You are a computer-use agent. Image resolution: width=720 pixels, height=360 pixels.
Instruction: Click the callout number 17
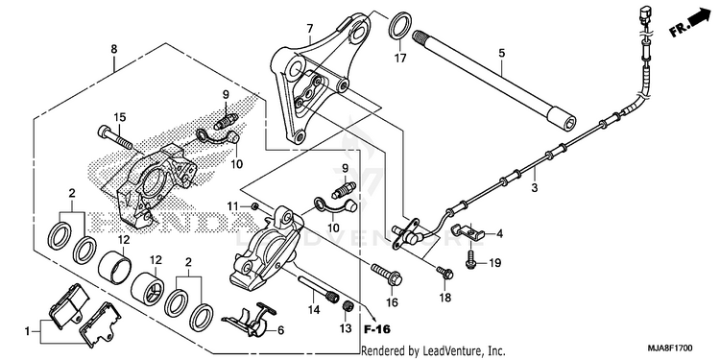click(400, 59)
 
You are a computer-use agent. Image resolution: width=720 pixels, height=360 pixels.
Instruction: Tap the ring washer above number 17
click(399, 26)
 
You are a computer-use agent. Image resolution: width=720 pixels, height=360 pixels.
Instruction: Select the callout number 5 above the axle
click(502, 53)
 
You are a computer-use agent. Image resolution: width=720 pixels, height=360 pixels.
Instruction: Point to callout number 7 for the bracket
click(310, 29)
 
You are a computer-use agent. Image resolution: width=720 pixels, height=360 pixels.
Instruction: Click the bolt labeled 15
click(115, 137)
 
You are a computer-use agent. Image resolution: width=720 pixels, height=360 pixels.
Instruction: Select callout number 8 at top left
click(114, 48)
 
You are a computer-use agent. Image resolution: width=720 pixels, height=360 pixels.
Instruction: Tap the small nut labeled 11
click(255, 206)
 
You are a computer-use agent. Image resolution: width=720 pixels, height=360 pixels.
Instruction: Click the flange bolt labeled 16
click(387, 274)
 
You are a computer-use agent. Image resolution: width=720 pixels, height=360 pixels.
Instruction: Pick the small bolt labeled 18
click(444, 273)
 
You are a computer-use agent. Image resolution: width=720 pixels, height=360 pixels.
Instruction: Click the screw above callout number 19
click(469, 259)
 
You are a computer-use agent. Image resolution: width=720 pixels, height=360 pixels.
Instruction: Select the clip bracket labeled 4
click(467, 230)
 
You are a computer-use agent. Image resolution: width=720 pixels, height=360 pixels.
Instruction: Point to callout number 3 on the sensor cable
click(534, 188)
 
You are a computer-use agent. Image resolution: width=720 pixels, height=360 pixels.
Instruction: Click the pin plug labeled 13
click(348, 306)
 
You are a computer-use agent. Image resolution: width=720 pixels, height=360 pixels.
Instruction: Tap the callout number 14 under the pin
click(314, 310)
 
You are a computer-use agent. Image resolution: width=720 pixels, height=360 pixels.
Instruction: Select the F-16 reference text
click(376, 329)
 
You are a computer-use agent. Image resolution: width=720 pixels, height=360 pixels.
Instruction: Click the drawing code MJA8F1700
click(670, 348)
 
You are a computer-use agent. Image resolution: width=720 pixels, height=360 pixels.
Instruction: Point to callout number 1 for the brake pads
click(27, 330)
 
